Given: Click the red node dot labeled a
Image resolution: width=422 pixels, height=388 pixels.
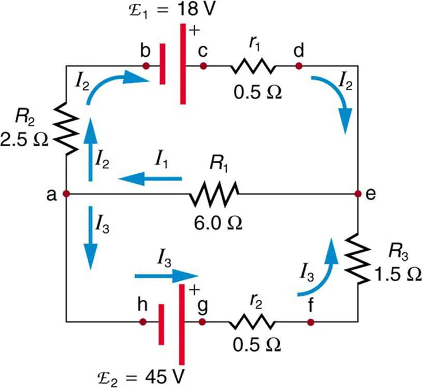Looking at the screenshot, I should pyautogui.click(x=66, y=194).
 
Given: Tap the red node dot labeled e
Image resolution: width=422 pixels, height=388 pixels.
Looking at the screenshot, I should pyautogui.click(x=358, y=194).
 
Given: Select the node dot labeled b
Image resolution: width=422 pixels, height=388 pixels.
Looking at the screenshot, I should pyautogui.click(x=146, y=66).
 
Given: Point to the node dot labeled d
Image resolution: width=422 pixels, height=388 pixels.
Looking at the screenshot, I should pyautogui.click(x=299, y=66).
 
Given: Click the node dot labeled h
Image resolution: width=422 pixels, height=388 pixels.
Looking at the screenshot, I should pyautogui.click(x=143, y=322).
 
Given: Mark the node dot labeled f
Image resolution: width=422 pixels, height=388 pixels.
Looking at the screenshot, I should pyautogui.click(x=311, y=322).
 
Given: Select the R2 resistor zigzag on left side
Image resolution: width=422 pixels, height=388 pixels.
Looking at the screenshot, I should pyautogui.click(x=66, y=130).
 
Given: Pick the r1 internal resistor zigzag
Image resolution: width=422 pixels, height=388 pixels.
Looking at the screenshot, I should pyautogui.click(x=252, y=66).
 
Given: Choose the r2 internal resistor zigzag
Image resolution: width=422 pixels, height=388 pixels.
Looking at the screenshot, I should pyautogui.click(x=252, y=322).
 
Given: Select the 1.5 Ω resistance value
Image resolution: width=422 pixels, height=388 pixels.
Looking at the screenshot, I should pyautogui.click(x=397, y=273).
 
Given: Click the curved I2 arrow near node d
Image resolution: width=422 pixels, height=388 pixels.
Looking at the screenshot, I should pyautogui.click(x=335, y=96).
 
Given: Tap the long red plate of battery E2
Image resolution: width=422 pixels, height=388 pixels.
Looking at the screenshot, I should pyautogui.click(x=182, y=323).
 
